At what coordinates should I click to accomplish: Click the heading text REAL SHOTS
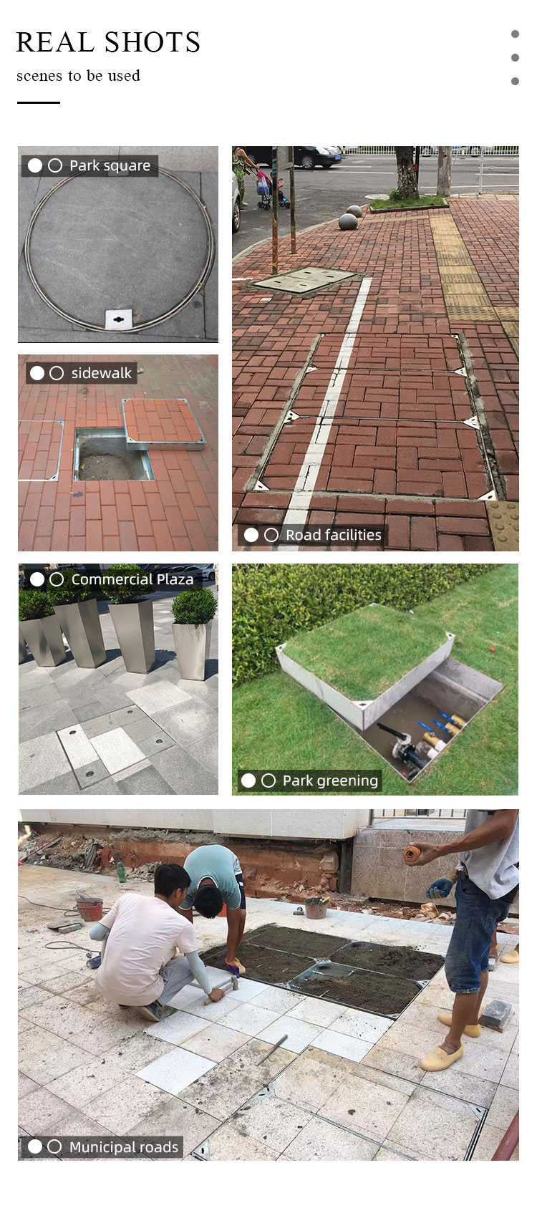(x=108, y=42)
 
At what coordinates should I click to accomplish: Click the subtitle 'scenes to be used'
(x=78, y=75)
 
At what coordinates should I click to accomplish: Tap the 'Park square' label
(x=110, y=165)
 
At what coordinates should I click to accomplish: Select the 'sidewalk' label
(x=102, y=372)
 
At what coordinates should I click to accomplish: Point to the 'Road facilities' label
(x=333, y=534)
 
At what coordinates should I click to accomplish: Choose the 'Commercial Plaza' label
(x=132, y=579)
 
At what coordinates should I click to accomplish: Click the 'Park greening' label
(x=330, y=781)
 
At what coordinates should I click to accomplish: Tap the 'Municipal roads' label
(x=123, y=1146)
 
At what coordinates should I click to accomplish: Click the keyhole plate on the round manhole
(x=119, y=319)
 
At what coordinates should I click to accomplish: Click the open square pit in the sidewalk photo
(x=112, y=455)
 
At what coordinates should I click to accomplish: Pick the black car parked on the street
(x=316, y=156)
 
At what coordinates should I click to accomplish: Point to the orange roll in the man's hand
(x=412, y=854)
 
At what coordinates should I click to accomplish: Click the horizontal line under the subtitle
(x=38, y=102)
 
